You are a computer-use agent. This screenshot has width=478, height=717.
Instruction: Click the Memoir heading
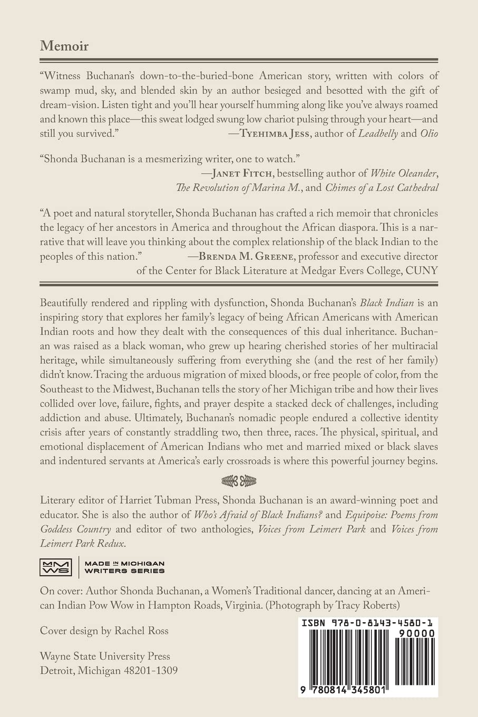tap(64, 46)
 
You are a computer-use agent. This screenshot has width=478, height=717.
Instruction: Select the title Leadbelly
tap(378, 133)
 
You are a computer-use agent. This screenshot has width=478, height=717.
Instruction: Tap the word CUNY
tap(421, 270)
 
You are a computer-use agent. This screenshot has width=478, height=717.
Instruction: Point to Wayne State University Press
tap(105, 656)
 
